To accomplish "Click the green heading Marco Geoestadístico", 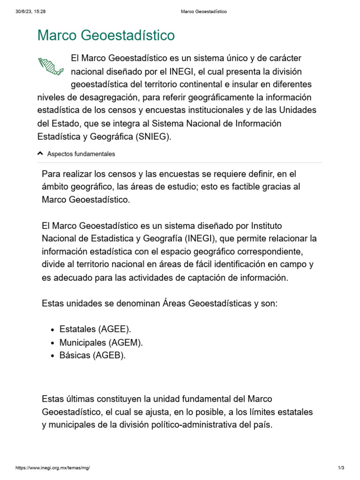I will [x=106, y=35].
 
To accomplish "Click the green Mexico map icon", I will [x=51, y=66].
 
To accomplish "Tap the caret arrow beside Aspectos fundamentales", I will [x=40, y=153].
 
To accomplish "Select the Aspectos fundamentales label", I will [x=81, y=154].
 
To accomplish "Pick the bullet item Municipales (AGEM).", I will [x=101, y=342].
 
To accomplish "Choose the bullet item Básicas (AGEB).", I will [x=93, y=355].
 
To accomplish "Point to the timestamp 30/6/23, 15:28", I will [x=30, y=12].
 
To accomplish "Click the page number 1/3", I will [x=341, y=468].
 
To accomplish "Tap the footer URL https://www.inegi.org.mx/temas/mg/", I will [x=52, y=468].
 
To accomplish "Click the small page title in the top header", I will [x=203, y=12].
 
